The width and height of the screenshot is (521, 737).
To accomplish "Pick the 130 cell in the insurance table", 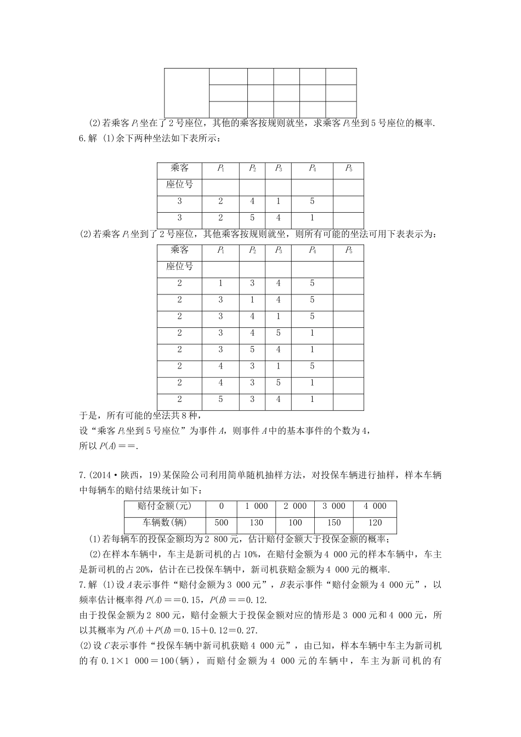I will tap(256, 523).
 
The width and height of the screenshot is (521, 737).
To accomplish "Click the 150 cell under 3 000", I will tap(333, 523).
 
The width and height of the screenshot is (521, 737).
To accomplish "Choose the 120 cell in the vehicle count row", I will tap(375, 523).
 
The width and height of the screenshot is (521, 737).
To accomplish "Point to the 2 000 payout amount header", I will tap(295, 506).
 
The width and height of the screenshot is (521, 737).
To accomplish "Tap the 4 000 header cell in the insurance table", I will tap(375, 506).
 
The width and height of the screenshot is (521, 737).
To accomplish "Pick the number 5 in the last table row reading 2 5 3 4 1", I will tap(220, 399).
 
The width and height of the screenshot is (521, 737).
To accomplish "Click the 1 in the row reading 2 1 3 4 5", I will tap(220, 284).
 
